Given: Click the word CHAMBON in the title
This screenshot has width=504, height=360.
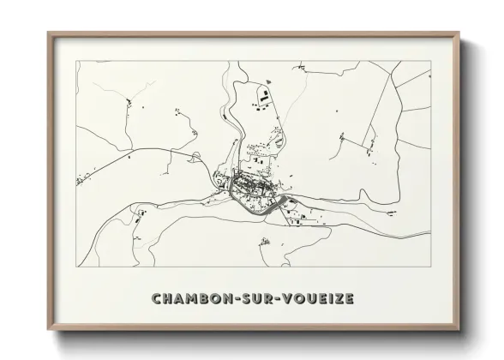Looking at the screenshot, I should [187, 298].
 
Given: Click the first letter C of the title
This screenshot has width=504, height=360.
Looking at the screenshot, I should [157, 298].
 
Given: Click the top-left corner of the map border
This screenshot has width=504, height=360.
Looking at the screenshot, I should [76, 61].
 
